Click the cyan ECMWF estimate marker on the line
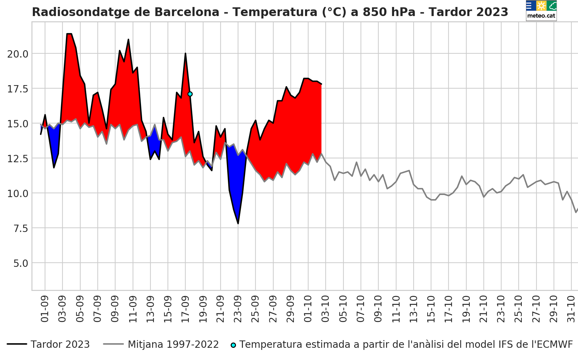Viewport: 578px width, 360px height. coord(190,94)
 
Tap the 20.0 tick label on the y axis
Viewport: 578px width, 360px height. coord(18,54)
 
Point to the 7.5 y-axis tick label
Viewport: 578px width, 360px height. coord(21,228)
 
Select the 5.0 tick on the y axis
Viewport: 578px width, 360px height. coord(21,263)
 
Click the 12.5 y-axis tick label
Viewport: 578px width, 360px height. coord(18,159)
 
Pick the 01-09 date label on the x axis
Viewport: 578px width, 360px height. coord(45,309)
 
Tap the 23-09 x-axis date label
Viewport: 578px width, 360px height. coord(238,309)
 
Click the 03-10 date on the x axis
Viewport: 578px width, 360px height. coord(325,309)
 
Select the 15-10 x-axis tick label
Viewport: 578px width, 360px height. coord(431,309)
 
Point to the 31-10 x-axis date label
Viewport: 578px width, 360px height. coord(571,309)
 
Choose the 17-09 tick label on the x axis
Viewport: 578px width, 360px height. coord(185,309)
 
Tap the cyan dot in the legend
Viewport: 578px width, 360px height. coord(233,345)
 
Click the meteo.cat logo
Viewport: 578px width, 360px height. coord(541,10)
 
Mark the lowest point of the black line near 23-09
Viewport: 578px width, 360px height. coord(238,223)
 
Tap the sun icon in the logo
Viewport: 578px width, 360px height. coord(541,6)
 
